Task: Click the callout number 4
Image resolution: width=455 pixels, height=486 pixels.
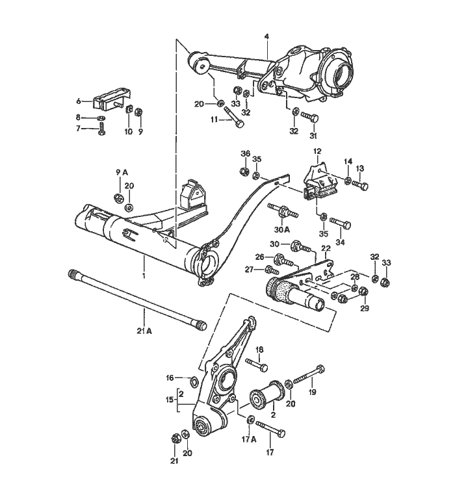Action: [x=266, y=36]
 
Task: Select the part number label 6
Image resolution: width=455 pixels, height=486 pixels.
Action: [x=79, y=101]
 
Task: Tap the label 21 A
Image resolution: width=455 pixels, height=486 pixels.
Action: [x=144, y=331]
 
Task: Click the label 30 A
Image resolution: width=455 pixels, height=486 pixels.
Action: [x=282, y=229]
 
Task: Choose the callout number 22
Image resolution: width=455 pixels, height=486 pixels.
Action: [x=326, y=249]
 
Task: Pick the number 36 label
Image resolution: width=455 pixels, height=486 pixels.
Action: [x=245, y=153]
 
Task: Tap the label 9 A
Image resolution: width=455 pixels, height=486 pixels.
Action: [x=122, y=172]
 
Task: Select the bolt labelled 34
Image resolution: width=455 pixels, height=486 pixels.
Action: [x=340, y=223]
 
